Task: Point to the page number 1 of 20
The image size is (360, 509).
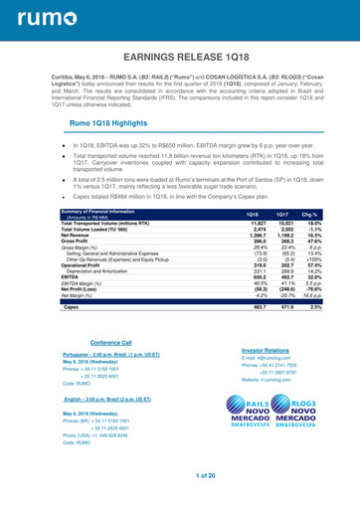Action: click(180, 478)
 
